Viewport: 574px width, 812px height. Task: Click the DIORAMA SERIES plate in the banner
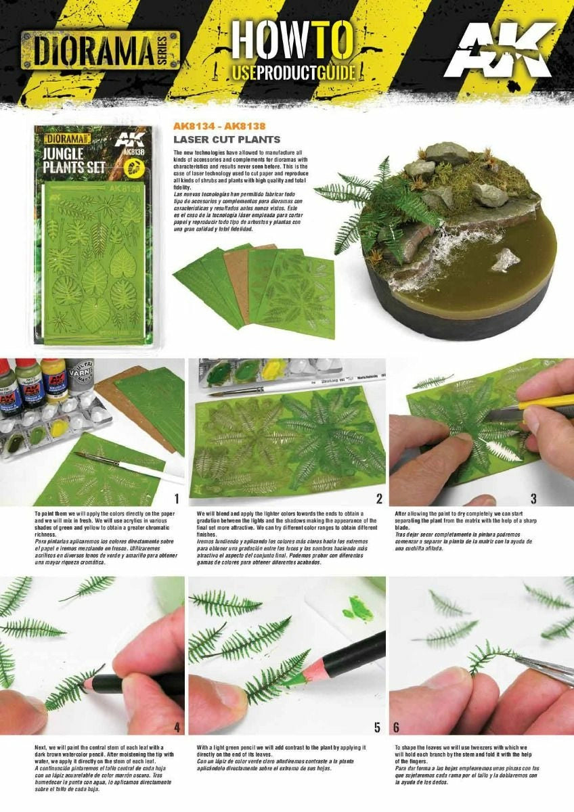pyautogui.click(x=100, y=49)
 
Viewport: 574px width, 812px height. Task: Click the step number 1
pyautogui.click(x=176, y=499)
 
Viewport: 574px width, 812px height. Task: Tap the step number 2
pyautogui.click(x=379, y=499)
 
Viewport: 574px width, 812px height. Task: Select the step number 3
pyautogui.click(x=533, y=499)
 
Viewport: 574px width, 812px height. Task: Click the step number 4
pyautogui.click(x=177, y=727)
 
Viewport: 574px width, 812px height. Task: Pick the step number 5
pyautogui.click(x=377, y=727)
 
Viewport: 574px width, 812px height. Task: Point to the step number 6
pyautogui.click(x=397, y=727)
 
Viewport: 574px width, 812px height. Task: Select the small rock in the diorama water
pyautogui.click(x=506, y=260)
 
